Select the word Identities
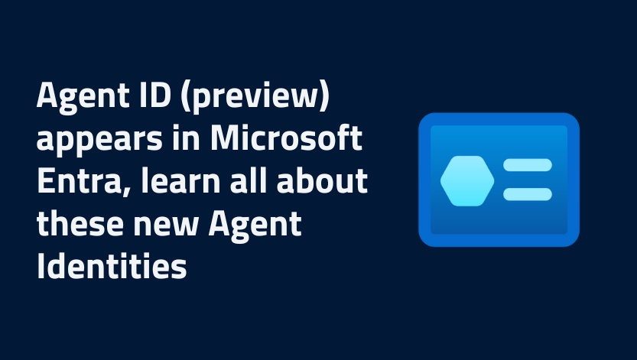[x=112, y=268]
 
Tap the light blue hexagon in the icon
[x=467, y=180]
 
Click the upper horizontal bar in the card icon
[x=527, y=165]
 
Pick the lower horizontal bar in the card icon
[x=527, y=194]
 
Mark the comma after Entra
[x=112, y=193]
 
